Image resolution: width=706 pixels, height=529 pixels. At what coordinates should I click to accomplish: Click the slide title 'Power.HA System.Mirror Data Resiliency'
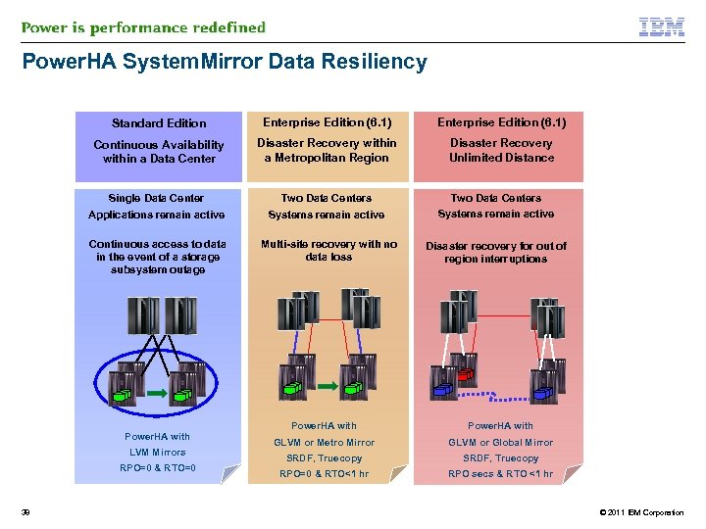(225, 63)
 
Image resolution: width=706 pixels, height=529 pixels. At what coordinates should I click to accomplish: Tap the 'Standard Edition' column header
(159, 123)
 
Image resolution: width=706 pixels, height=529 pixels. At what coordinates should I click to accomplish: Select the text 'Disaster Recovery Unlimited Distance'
(501, 150)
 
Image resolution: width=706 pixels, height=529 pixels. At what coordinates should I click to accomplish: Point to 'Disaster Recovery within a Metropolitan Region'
(327, 150)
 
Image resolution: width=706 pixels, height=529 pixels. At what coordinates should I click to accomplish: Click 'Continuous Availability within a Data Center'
(159, 151)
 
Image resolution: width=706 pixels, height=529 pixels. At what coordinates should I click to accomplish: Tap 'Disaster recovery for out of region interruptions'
(495, 252)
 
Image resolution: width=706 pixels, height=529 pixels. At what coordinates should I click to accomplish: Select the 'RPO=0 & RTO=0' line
(158, 468)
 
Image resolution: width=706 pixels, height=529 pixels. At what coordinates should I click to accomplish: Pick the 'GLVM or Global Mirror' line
(500, 442)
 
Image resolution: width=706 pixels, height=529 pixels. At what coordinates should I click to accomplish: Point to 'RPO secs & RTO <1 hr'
(500, 474)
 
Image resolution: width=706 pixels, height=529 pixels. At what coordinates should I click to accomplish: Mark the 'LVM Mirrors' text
(158, 453)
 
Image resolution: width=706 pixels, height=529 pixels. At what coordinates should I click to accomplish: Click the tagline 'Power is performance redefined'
(143, 27)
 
